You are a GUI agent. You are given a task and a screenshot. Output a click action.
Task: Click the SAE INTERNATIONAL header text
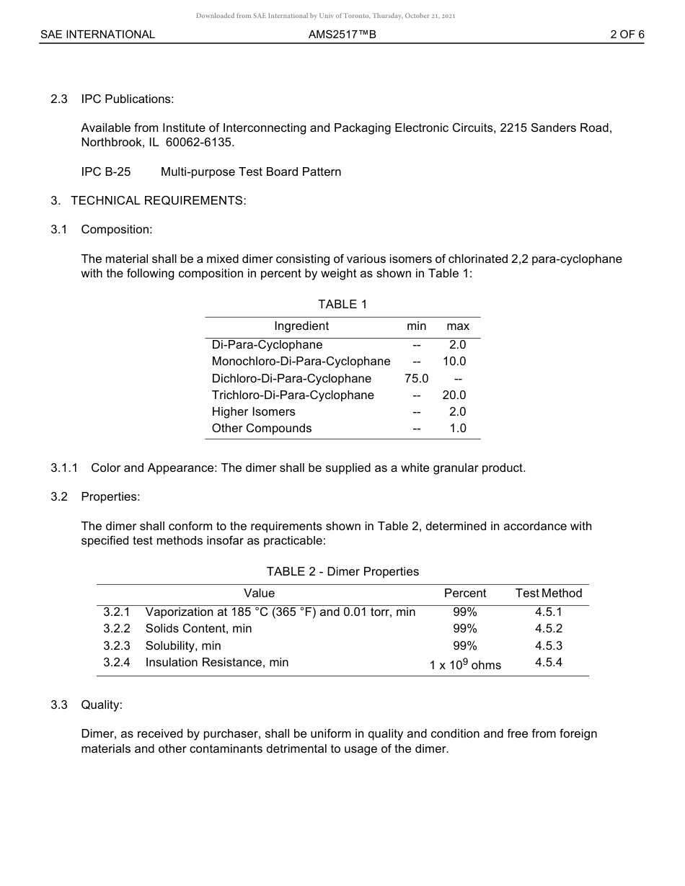(97, 34)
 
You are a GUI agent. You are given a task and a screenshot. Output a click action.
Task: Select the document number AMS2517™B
(342, 34)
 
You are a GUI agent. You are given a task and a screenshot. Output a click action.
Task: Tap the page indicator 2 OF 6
(627, 34)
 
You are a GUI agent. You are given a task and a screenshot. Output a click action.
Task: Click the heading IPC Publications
(127, 99)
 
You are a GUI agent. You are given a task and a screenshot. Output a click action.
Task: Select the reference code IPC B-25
(106, 171)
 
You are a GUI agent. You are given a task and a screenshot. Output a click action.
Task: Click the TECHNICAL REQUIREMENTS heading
(158, 200)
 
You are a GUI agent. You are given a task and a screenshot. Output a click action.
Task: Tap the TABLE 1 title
(342, 304)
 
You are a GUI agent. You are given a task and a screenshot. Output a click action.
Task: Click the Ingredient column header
(301, 326)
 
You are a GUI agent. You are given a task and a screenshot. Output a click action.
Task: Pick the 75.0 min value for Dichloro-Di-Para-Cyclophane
(417, 378)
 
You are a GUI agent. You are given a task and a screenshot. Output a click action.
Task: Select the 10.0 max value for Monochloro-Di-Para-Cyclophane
(454, 362)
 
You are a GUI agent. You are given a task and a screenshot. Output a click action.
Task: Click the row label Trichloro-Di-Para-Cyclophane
(293, 395)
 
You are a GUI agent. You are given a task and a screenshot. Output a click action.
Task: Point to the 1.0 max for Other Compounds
(458, 429)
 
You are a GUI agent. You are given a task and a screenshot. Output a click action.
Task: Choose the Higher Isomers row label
(253, 412)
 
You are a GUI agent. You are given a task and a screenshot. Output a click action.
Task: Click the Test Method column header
(548, 594)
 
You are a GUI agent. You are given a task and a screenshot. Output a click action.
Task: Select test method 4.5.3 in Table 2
(549, 645)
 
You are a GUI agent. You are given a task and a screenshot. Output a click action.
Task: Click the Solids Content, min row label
(198, 629)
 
